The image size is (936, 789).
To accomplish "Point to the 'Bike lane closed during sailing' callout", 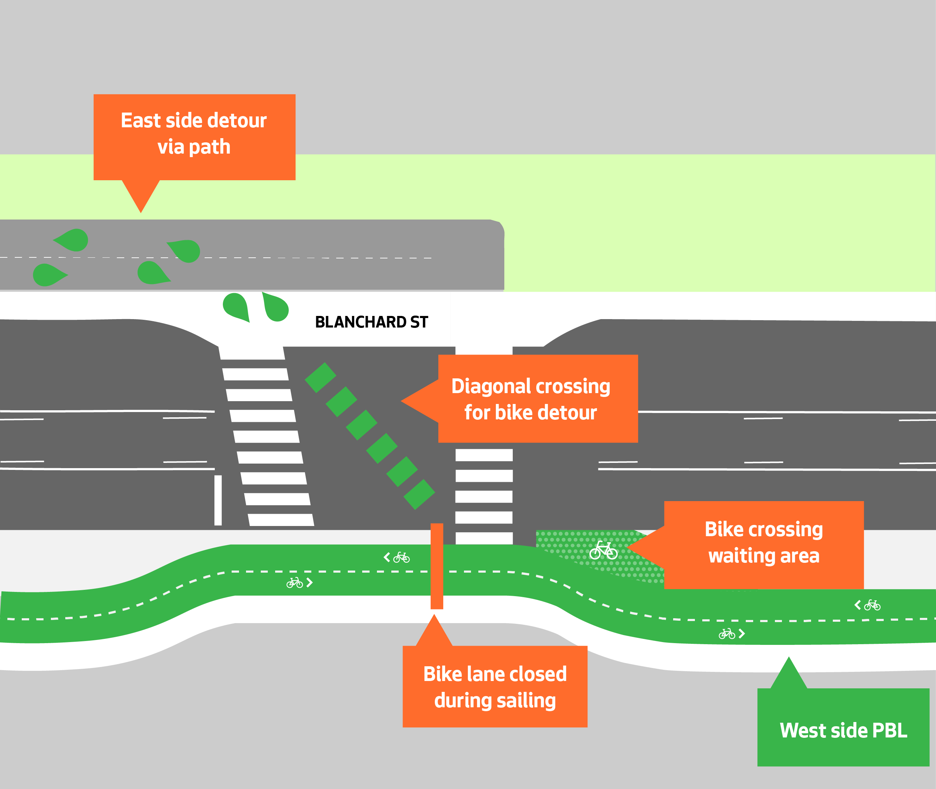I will point(494,687).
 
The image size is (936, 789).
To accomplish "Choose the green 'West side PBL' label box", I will point(843,731).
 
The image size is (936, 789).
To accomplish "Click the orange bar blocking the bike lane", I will point(437,566).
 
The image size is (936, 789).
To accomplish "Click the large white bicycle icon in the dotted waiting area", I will point(603,551).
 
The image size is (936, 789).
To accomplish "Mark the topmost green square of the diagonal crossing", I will point(320,378).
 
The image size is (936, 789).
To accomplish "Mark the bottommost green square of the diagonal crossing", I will point(419,494).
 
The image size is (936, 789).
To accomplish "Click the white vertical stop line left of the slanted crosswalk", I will point(218,500).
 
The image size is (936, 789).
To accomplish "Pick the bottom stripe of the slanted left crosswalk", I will point(281,520).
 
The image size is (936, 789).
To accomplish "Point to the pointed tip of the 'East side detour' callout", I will point(140,210).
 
